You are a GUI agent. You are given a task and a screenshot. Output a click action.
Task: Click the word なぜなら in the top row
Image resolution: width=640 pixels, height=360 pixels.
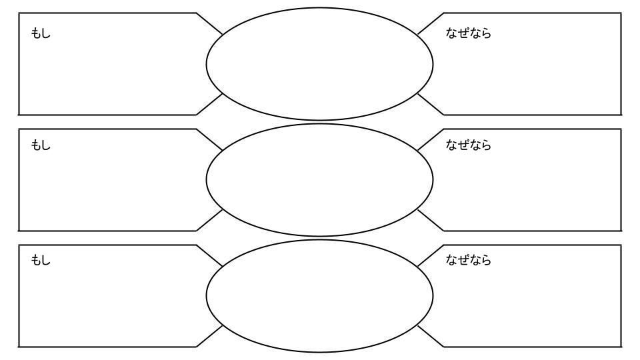(x=468, y=34)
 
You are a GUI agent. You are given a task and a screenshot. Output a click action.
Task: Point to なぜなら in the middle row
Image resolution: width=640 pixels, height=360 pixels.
(x=468, y=145)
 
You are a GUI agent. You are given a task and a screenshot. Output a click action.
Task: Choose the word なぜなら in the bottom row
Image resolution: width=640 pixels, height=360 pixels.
(x=468, y=261)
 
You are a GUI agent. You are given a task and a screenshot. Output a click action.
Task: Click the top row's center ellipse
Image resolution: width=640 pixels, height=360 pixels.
(x=319, y=63)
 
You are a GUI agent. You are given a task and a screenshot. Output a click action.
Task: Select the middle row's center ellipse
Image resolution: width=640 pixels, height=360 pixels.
(x=319, y=179)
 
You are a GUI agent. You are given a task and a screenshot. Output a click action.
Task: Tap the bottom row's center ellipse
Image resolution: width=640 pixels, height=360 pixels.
(x=319, y=295)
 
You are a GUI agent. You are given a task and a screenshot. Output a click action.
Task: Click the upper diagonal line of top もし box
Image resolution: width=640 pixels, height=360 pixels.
(x=210, y=23)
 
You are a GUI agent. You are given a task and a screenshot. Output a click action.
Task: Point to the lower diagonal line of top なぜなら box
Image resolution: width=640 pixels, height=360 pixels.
(x=430, y=104)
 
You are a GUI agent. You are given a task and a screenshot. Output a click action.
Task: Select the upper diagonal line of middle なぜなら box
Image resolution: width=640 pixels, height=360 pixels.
(x=431, y=139)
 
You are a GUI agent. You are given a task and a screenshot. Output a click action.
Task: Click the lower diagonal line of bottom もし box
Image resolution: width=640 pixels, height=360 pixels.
(x=209, y=336)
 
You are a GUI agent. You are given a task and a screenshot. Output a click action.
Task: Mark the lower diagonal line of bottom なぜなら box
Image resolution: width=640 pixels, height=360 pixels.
(x=430, y=336)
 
